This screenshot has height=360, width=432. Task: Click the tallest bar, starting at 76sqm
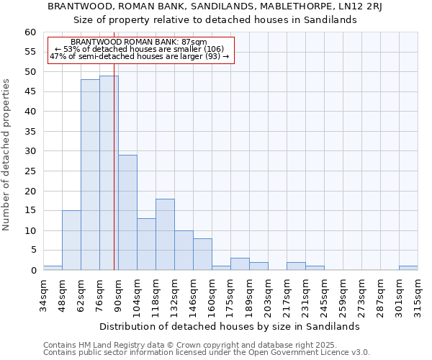(109, 173)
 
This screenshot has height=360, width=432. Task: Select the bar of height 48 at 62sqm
(90, 175)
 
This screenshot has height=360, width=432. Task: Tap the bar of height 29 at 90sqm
(127, 212)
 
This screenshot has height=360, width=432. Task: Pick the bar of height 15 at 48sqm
(71, 240)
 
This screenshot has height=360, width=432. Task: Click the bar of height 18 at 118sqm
(165, 235)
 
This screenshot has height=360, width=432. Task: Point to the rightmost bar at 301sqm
(408, 268)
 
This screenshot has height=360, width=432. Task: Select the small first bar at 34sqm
(53, 268)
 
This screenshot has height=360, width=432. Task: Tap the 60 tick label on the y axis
(30, 32)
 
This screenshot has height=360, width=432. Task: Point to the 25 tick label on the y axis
(30, 171)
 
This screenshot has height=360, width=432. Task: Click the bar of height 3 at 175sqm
(240, 264)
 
